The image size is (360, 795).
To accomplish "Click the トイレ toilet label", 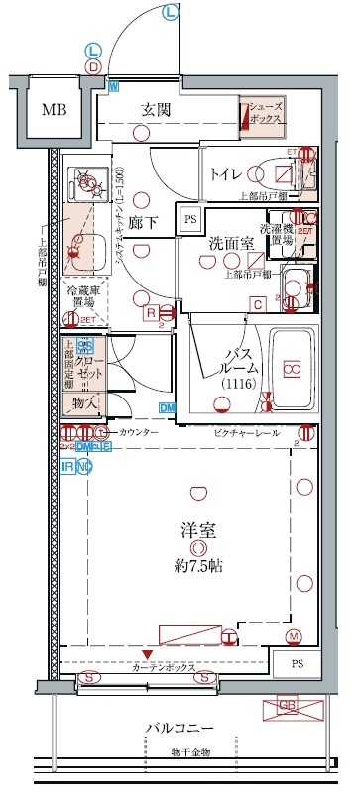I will coord(227,173).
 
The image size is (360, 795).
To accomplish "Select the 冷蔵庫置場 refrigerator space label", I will coord(84,295).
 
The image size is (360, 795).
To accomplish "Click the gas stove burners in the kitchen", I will coord(86,182).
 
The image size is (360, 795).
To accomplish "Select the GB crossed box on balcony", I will coord(292,709).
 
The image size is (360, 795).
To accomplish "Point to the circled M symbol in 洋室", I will coord(293,636).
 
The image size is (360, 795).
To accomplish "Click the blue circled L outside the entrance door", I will coord(171,12).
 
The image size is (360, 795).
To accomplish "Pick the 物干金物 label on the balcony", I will coord(187,753).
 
